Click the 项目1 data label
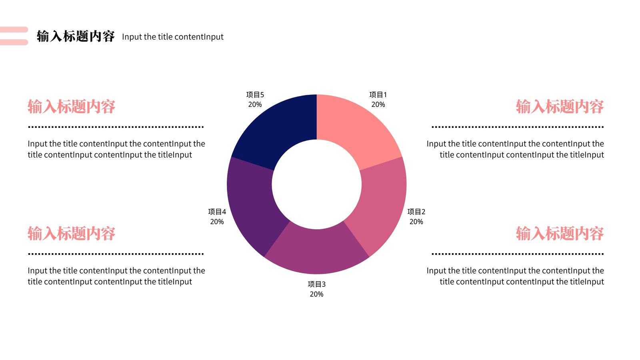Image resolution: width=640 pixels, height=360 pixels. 378,100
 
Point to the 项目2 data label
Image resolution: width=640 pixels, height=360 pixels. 416,216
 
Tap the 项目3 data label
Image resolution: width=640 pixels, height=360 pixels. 316,289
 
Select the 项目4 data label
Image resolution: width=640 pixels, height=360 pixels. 217,216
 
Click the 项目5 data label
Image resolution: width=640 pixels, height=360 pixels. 255,100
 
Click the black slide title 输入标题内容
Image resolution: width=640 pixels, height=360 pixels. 76,36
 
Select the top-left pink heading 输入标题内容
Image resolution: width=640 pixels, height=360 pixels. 72,106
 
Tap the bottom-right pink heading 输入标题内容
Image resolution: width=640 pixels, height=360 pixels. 560,234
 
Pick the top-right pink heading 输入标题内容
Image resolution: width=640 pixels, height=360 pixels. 560,106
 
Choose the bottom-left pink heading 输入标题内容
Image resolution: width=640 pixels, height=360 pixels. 72,234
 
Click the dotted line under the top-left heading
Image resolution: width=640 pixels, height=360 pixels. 116,127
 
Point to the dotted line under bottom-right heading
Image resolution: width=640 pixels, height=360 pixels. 518,254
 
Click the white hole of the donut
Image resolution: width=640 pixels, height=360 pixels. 316,184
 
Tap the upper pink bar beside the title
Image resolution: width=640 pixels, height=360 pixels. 14,30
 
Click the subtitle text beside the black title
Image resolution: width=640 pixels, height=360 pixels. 172,37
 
